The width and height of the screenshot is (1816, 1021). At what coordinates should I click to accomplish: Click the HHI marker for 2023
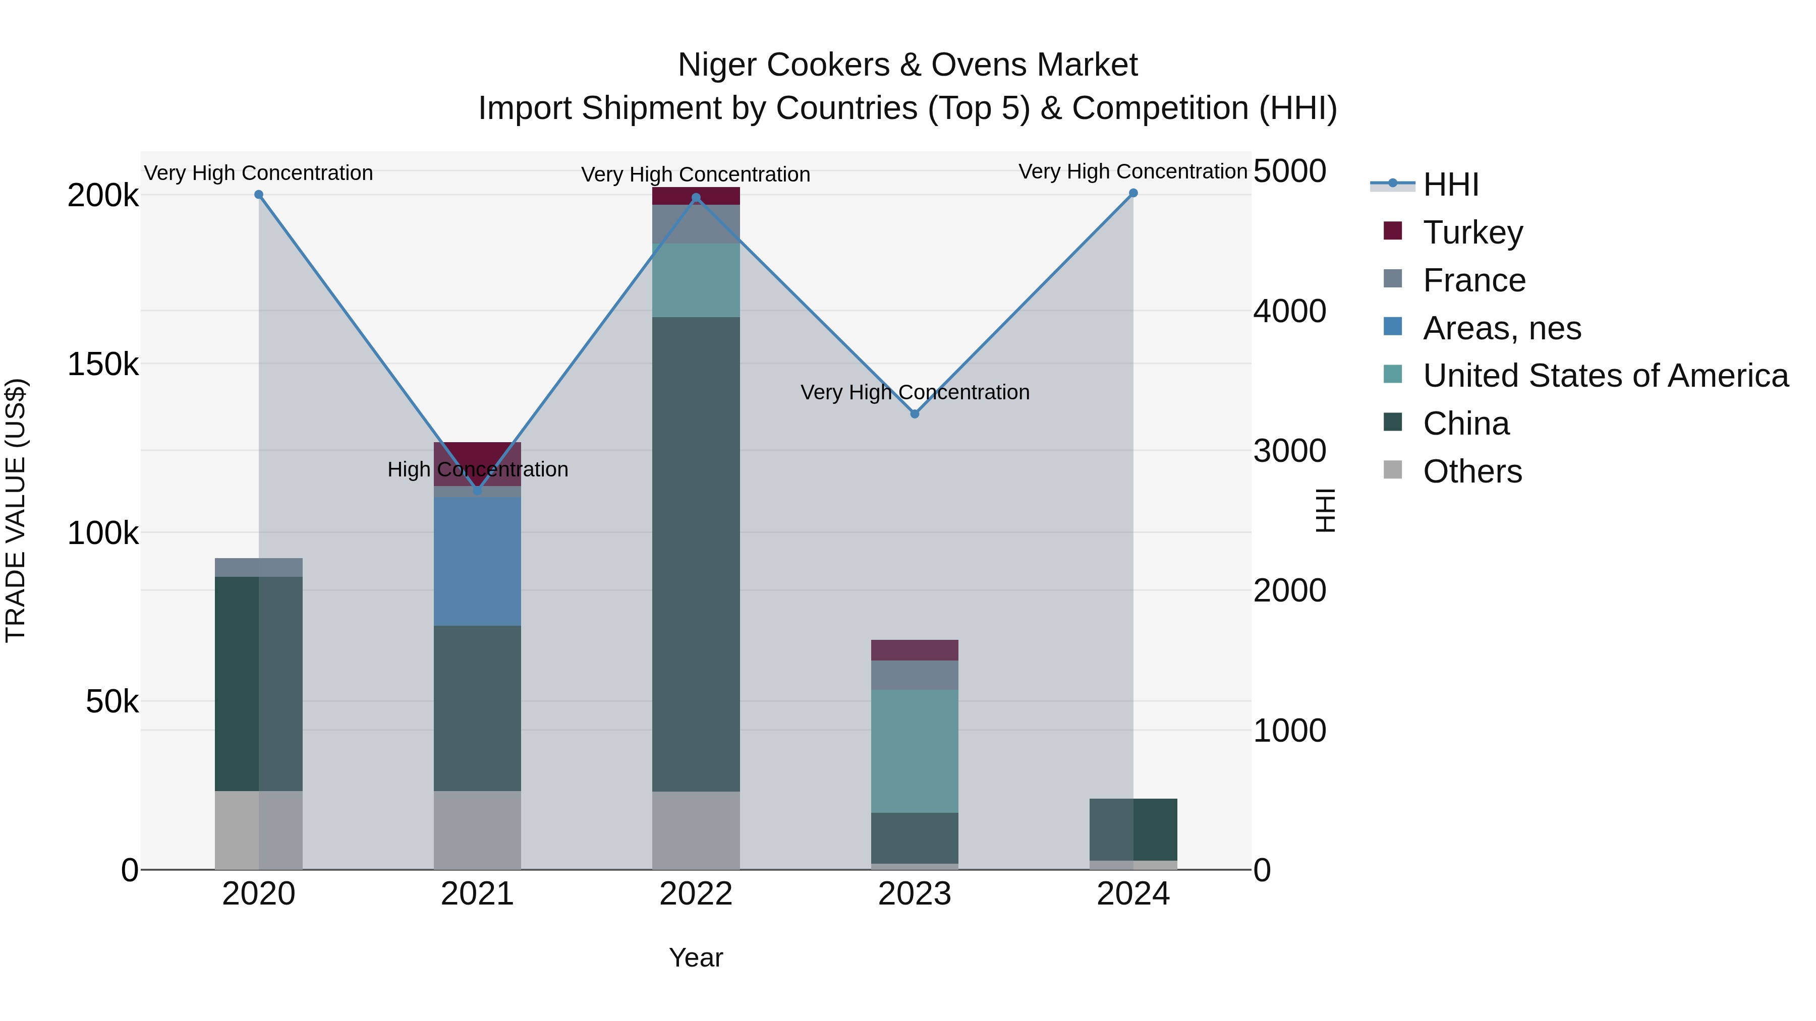(x=915, y=413)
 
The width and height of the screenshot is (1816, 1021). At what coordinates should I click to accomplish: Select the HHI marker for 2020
(x=259, y=195)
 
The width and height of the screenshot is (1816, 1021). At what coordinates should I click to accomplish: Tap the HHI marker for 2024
(x=1133, y=193)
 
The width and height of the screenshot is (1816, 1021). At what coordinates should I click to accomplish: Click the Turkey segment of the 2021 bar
(x=477, y=454)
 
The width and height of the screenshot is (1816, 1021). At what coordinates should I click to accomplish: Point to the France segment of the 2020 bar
(x=259, y=567)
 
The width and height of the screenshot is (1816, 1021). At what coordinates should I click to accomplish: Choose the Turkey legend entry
(x=1472, y=232)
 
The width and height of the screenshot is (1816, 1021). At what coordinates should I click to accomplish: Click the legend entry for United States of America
(x=1605, y=376)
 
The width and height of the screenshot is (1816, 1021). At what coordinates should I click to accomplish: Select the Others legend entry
(x=1472, y=471)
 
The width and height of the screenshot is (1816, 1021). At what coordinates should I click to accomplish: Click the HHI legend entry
(x=1450, y=185)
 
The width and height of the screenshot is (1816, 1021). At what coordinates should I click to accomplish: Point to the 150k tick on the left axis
(x=103, y=365)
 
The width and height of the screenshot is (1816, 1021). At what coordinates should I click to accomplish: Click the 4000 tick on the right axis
(x=1289, y=311)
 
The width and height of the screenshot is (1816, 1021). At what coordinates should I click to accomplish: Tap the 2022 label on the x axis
(x=696, y=894)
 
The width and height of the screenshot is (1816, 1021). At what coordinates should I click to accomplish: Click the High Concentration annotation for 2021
(x=477, y=469)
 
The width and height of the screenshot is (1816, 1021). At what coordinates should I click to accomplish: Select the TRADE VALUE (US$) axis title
(x=16, y=510)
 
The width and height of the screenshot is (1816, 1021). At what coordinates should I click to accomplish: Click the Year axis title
(x=696, y=957)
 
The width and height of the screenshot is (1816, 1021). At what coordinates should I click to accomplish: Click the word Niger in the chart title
(x=712, y=65)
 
